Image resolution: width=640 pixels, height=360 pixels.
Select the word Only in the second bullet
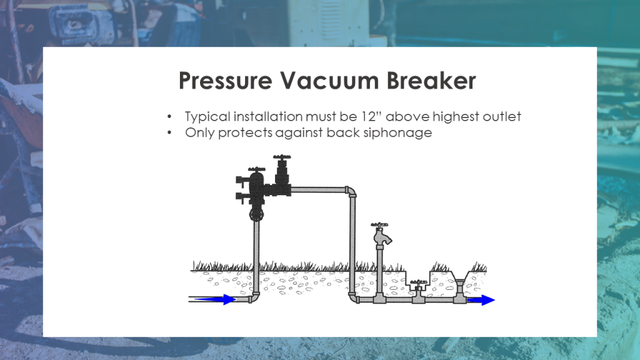[199, 133]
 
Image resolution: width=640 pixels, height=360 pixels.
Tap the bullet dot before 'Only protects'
[170, 133]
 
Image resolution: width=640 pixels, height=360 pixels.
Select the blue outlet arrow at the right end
[481, 300]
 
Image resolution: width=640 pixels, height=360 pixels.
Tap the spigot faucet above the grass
[380, 234]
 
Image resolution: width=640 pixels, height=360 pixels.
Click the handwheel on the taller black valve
[282, 157]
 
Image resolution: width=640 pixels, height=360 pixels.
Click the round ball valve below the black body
[256, 215]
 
